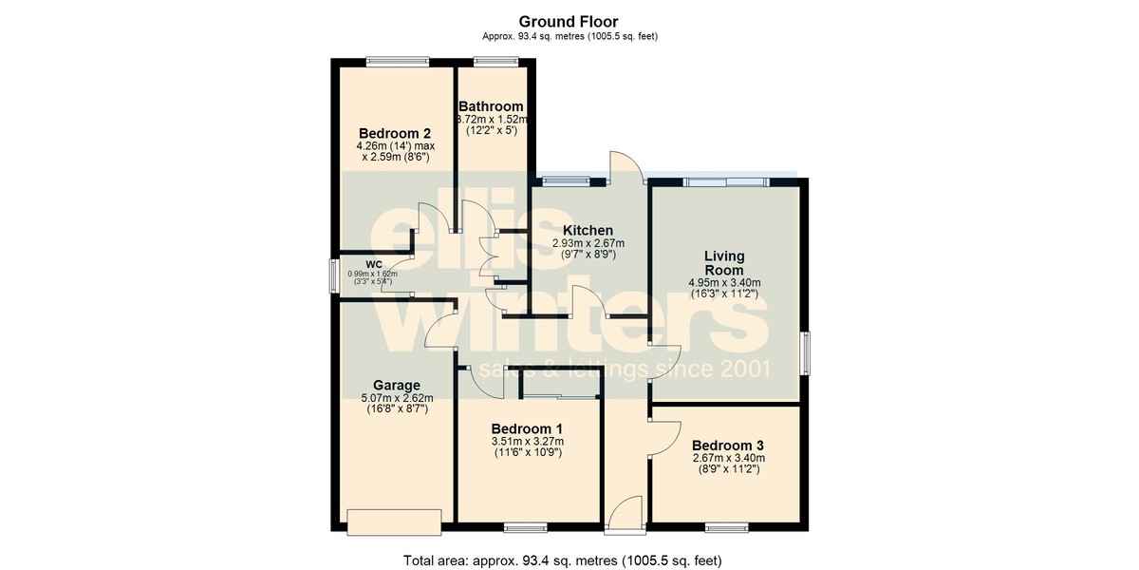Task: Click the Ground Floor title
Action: (x=568, y=22)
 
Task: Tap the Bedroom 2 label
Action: (x=395, y=133)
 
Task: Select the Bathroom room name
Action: (x=491, y=106)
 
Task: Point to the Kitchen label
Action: (x=588, y=231)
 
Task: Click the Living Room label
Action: (x=724, y=262)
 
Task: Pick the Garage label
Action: (x=397, y=386)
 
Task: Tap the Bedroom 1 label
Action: (x=528, y=428)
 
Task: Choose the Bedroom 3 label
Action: (x=728, y=446)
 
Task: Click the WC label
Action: (x=374, y=265)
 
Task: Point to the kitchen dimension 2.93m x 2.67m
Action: (x=588, y=244)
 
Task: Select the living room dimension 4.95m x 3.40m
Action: (x=724, y=282)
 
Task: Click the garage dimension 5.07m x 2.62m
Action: (x=397, y=398)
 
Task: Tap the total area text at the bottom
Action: (x=562, y=560)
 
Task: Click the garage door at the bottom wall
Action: (x=394, y=522)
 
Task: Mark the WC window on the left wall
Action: (x=334, y=275)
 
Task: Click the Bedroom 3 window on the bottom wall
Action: (x=727, y=528)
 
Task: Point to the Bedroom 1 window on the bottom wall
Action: (x=526, y=528)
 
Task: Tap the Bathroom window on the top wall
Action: (x=496, y=62)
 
